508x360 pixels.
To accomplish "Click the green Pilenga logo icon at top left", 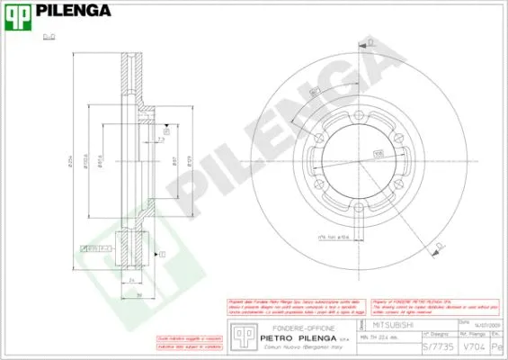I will point(18,12).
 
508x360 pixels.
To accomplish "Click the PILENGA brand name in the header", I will point(74,11).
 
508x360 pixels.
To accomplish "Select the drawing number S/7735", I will point(436,346).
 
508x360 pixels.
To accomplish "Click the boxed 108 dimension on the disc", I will point(378,154).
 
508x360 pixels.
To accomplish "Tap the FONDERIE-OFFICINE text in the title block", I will point(289,328).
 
